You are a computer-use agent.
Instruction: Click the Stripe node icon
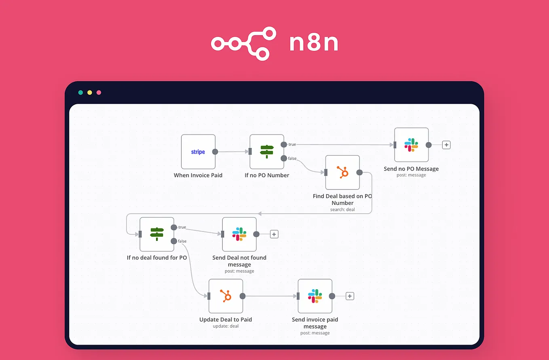[x=198, y=152]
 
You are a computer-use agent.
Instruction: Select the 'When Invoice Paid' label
[x=198, y=175]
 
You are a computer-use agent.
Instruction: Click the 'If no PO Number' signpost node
[x=267, y=152]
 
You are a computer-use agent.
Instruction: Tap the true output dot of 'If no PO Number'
[x=284, y=145]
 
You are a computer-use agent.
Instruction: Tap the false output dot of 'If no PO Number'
[x=284, y=158]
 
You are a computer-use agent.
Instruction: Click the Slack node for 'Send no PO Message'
[x=411, y=145]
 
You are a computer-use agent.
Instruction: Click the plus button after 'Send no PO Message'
[x=446, y=145]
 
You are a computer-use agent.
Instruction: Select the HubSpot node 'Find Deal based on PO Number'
[x=342, y=173]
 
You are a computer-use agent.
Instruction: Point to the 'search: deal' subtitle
[x=342, y=209]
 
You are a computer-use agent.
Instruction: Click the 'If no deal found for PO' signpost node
[x=157, y=234]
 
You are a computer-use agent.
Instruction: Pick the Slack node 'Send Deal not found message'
[x=239, y=234]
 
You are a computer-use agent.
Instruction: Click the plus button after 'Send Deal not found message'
[x=274, y=234]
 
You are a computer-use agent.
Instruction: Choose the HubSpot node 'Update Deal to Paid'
[x=226, y=296]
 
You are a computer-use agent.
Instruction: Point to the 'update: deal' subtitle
[x=226, y=326]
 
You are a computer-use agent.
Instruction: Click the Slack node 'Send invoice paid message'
[x=315, y=296]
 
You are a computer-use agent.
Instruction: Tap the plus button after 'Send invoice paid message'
[x=350, y=296]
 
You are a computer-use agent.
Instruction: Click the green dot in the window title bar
[x=80, y=93]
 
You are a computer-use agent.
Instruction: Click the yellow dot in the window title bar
[x=90, y=93]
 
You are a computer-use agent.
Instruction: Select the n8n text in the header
[x=314, y=44]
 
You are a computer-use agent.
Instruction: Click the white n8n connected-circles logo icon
[x=243, y=44]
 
